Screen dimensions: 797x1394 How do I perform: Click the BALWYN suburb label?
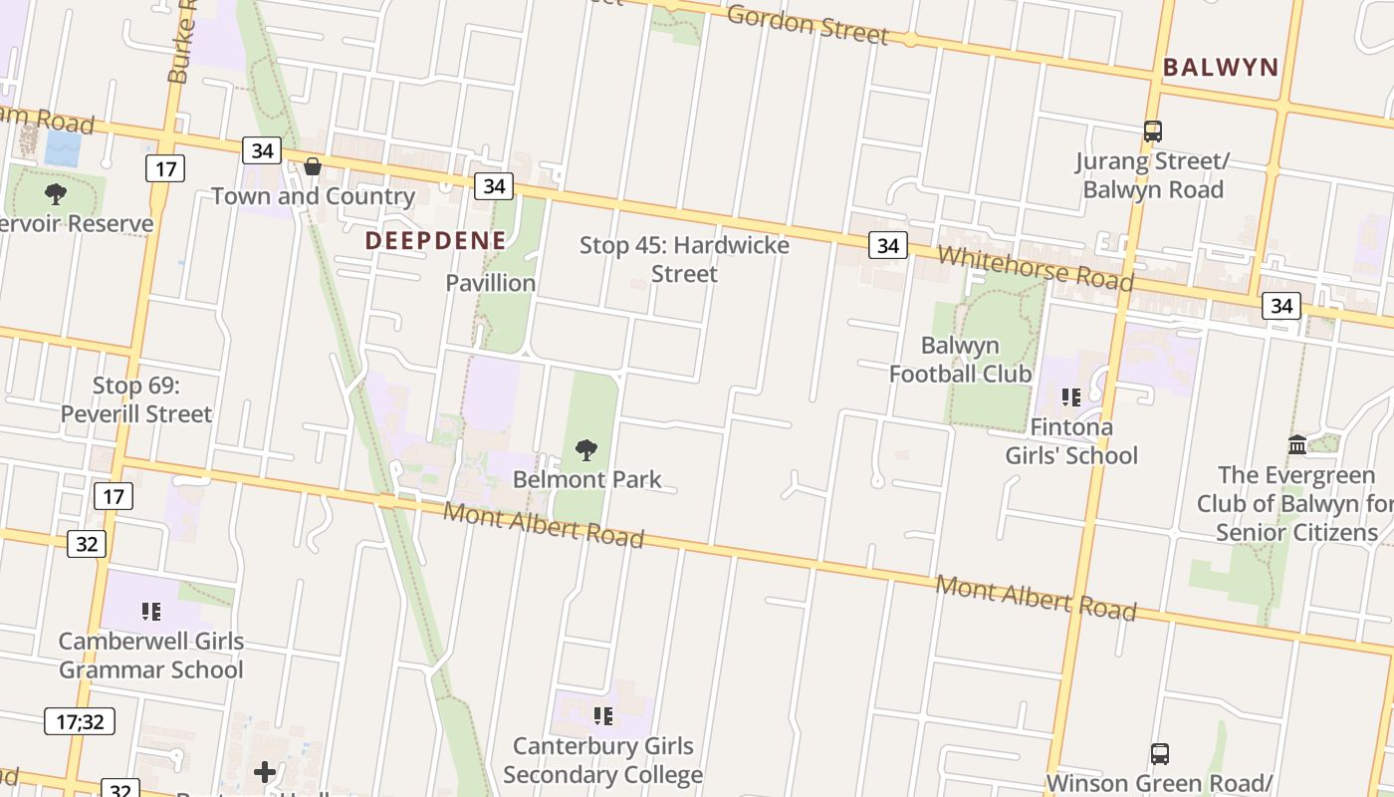pos(1220,68)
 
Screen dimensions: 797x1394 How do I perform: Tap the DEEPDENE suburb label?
pos(435,240)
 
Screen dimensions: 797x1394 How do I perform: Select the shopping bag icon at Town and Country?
pos(313,166)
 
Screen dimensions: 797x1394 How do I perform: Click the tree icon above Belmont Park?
pos(586,451)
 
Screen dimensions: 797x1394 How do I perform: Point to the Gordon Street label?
pos(807,24)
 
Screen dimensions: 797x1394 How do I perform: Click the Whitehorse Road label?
pos(1035,268)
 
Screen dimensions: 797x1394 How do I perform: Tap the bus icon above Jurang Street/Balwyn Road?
pos(1153,132)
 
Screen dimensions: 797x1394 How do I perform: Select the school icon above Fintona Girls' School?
pos(1071,398)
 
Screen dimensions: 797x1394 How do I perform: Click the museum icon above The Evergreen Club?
pos(1296,444)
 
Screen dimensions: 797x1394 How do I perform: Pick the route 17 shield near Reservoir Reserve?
pos(165,168)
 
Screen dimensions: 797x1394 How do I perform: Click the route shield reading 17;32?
pos(80,721)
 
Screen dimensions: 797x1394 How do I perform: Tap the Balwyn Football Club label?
pos(960,360)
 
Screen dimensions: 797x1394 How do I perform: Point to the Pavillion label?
pos(490,283)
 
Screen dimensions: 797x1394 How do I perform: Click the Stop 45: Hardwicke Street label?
pos(684,259)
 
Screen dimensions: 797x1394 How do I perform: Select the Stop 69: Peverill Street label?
pos(136,399)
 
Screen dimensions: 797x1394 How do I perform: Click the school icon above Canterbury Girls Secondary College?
pos(602,716)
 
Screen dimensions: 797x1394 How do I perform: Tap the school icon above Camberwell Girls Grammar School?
pos(150,611)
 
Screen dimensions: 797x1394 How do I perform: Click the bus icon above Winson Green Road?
pos(1159,754)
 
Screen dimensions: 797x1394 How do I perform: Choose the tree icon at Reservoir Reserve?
pos(56,193)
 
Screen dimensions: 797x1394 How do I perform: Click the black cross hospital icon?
pos(265,772)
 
